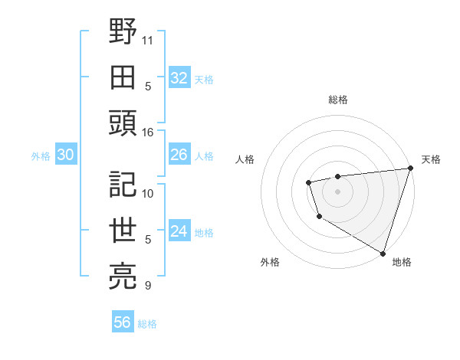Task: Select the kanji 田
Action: tap(123, 77)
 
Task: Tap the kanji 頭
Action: tap(123, 123)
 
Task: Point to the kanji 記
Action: tap(123, 185)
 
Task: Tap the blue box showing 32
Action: tap(179, 78)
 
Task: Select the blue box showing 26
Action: tap(179, 155)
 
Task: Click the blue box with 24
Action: tap(179, 231)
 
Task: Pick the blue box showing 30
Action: tap(65, 155)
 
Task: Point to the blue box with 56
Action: tap(122, 322)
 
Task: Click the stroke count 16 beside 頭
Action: tap(148, 132)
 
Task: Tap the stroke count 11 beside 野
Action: tap(148, 39)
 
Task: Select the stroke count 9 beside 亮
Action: tap(147, 286)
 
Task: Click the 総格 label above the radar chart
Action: tap(337, 100)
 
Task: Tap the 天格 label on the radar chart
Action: tap(431, 159)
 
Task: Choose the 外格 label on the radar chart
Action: tap(270, 262)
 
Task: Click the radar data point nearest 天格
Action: tap(409, 168)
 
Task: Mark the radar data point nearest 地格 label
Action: tap(382, 252)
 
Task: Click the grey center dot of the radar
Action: tap(337, 191)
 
